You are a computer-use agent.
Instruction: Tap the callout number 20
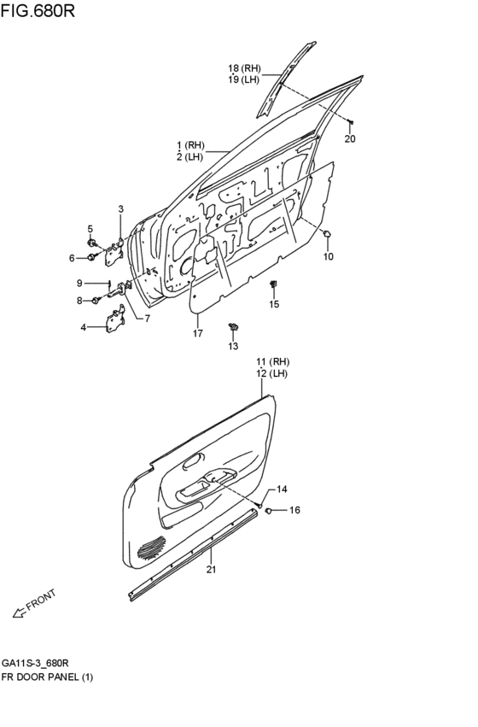pyautogui.click(x=350, y=138)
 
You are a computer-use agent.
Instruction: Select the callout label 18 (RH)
pyautogui.click(x=243, y=68)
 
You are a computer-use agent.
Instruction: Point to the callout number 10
pyautogui.click(x=329, y=256)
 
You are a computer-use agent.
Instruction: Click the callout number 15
pyautogui.click(x=274, y=304)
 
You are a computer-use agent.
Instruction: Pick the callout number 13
pyautogui.click(x=233, y=346)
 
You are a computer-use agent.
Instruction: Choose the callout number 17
pyautogui.click(x=197, y=333)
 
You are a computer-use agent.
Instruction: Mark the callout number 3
pyautogui.click(x=120, y=209)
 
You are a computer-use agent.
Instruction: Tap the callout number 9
pyautogui.click(x=79, y=283)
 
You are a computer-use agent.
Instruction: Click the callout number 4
pyautogui.click(x=83, y=327)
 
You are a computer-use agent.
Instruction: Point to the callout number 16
pyautogui.click(x=294, y=511)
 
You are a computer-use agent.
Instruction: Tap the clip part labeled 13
pyautogui.click(x=232, y=326)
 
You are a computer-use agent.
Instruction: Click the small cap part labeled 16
pyautogui.click(x=269, y=511)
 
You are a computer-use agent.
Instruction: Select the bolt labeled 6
pyautogui.click(x=92, y=257)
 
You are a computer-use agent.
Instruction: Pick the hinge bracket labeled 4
pyautogui.click(x=114, y=322)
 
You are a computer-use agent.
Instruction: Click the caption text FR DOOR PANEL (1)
pyautogui.click(x=47, y=677)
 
